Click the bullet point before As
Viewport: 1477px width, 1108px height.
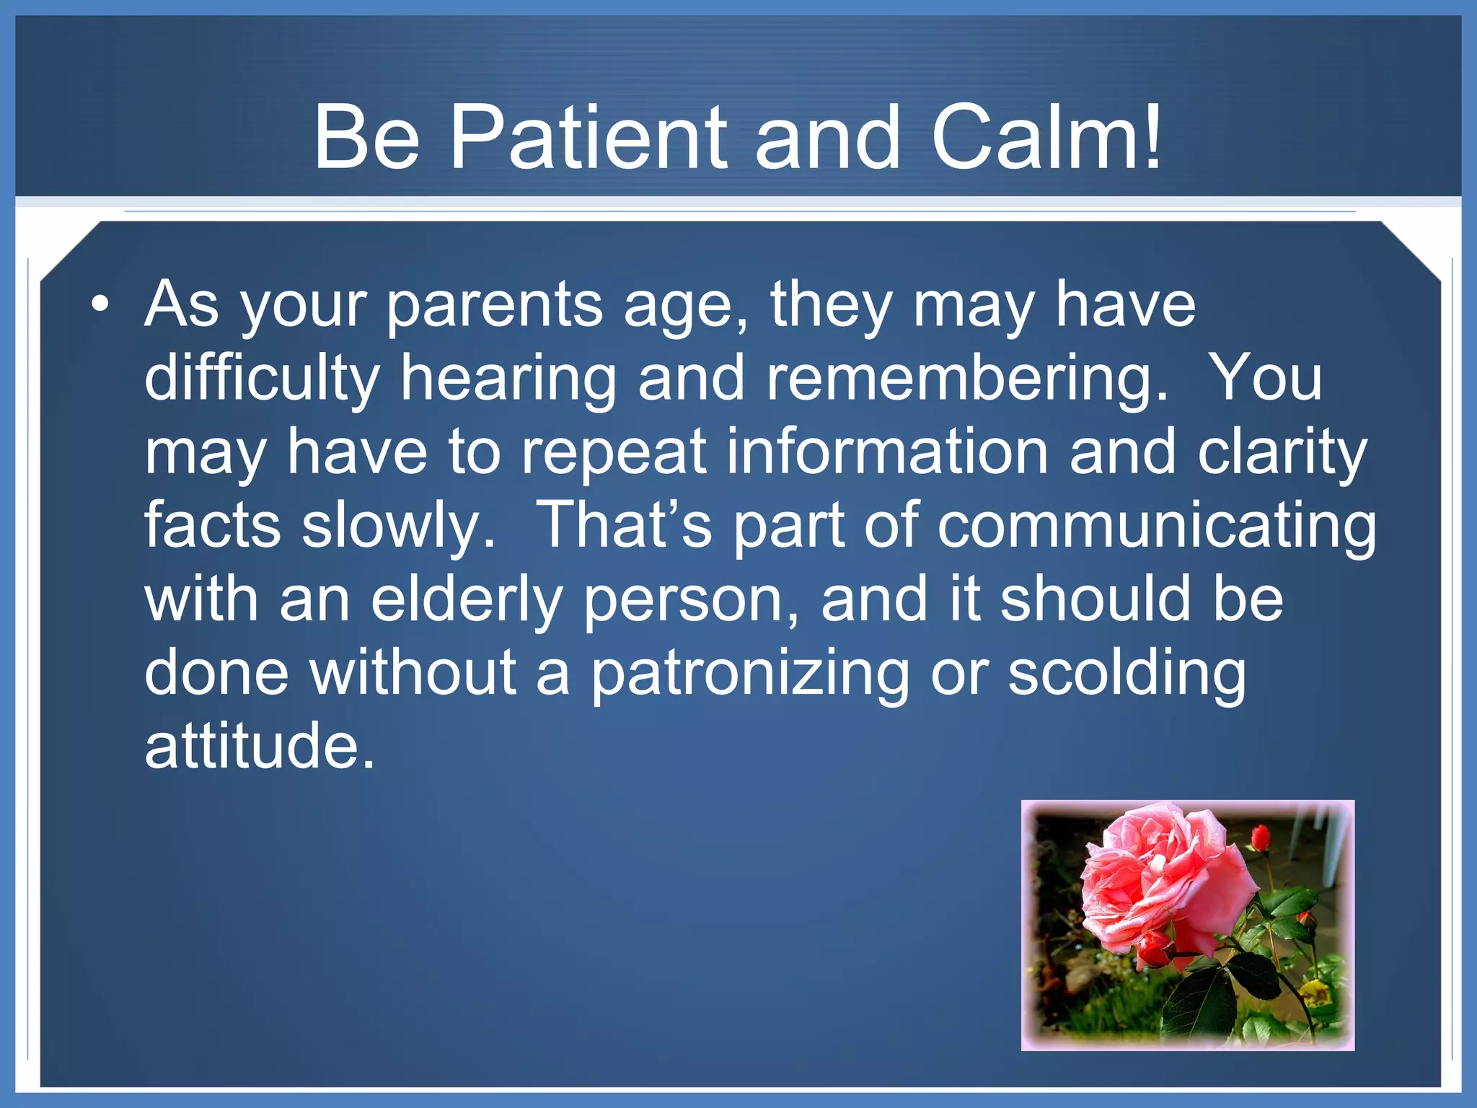101,304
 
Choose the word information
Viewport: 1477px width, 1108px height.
887,452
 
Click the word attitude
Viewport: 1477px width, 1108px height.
260,746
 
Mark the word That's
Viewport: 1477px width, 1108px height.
625,525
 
